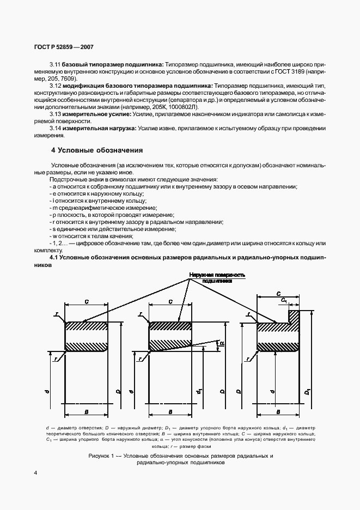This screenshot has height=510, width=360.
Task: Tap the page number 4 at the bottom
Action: click(35, 472)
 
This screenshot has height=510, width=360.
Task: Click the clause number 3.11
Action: click(56, 64)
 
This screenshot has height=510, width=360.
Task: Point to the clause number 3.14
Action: click(56, 128)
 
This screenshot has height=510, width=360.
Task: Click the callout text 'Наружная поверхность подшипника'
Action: click(217, 278)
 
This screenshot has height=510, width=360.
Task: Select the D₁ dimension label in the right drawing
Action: click(308, 392)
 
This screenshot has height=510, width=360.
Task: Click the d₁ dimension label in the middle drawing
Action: click(200, 391)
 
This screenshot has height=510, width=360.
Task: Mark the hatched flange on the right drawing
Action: click(294, 318)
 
